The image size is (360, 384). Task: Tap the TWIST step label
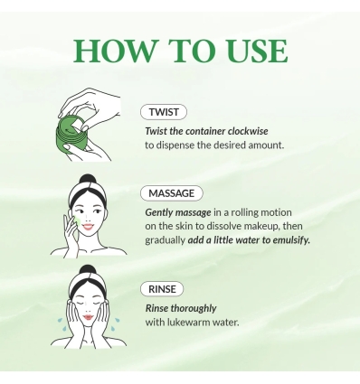(164, 113)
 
